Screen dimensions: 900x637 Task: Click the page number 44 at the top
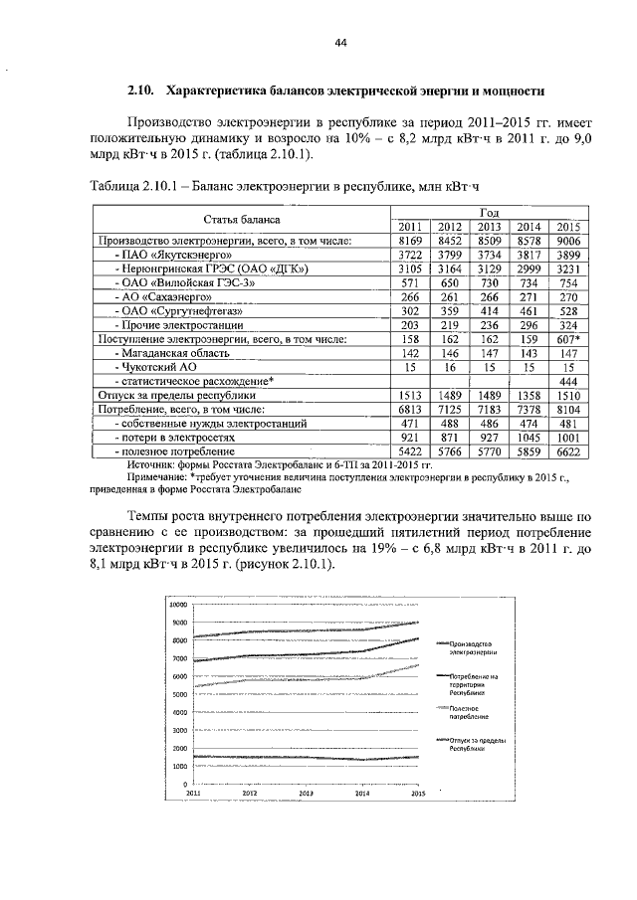(340, 43)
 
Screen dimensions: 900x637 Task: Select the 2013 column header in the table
(489, 227)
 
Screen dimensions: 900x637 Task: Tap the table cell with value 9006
(568, 241)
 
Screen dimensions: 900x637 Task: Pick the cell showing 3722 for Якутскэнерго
(410, 255)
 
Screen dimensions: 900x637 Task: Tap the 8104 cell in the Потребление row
(568, 409)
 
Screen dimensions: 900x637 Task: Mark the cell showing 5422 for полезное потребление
(410, 450)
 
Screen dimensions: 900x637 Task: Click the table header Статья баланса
(242, 219)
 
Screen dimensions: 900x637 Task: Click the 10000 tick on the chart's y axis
(177, 605)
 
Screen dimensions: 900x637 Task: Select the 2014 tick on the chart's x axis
(362, 794)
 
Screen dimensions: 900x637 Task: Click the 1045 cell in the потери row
(529, 437)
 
